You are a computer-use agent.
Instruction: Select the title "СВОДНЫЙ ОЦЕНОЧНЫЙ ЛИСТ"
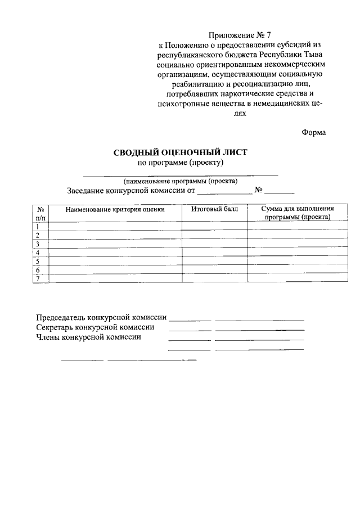[x=181, y=152]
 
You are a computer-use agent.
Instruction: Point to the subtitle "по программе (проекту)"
[x=181, y=163]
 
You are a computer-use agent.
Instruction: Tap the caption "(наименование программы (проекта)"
[x=181, y=181]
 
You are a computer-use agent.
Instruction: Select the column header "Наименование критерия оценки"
[x=115, y=210]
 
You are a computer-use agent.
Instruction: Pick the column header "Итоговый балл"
[x=214, y=209]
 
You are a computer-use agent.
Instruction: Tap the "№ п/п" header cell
[x=40, y=213]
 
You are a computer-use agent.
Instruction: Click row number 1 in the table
[x=38, y=227]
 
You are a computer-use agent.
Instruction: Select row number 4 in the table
[x=38, y=253]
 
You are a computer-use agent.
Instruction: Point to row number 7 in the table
[x=38, y=279]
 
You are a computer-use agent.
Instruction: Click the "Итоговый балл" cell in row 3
[x=214, y=244]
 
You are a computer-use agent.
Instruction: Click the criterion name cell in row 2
[x=115, y=236]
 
